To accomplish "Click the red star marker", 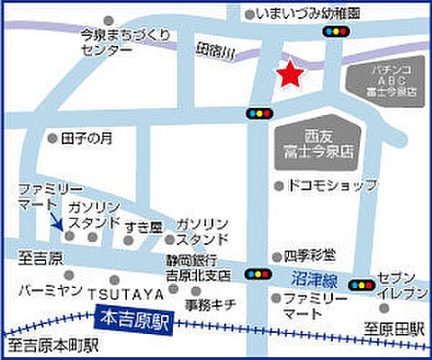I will (x=289, y=76).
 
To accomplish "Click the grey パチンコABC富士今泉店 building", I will (x=383, y=80).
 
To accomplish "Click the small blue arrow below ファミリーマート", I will (x=56, y=222).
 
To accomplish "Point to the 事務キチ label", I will (x=211, y=304).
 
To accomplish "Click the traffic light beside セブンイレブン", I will (x=362, y=284).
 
